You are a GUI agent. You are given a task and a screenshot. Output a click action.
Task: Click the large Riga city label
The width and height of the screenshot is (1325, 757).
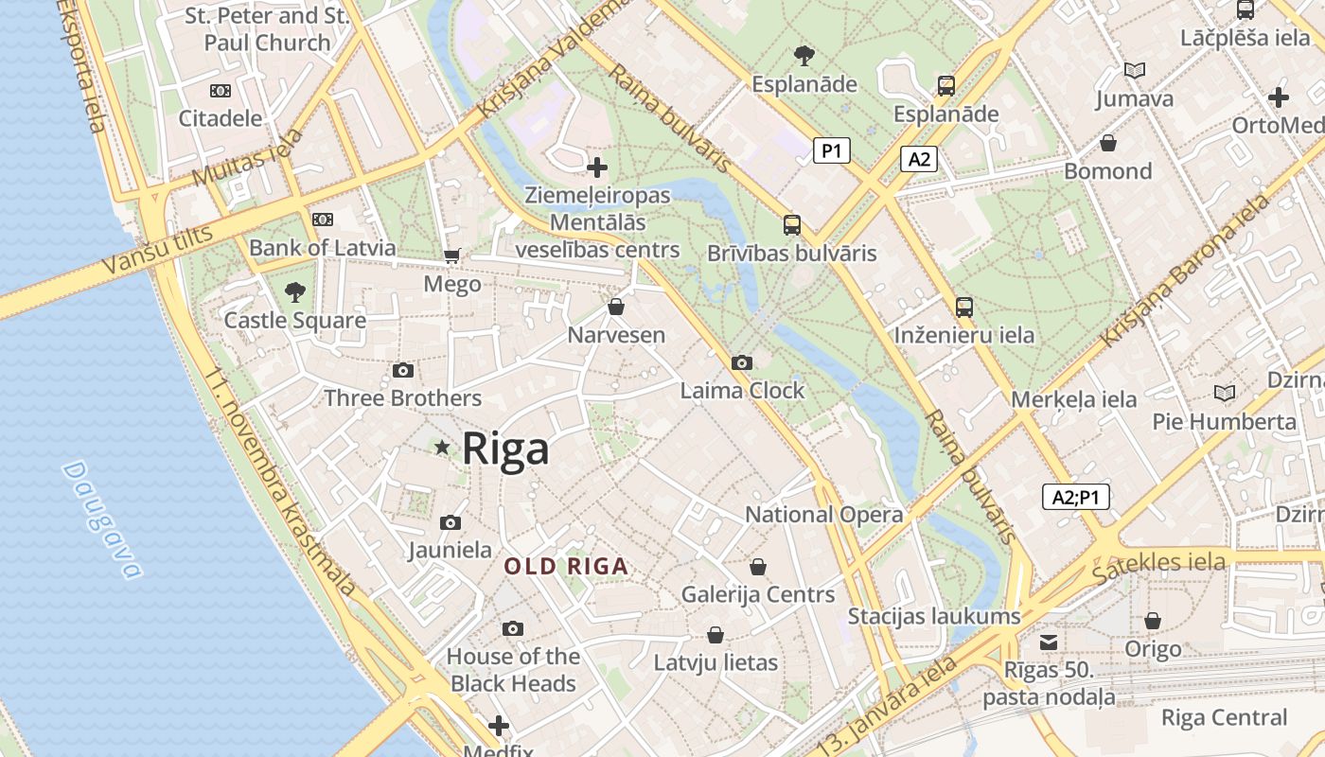tap(505, 449)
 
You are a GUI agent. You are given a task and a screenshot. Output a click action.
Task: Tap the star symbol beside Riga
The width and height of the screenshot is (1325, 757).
tap(441, 447)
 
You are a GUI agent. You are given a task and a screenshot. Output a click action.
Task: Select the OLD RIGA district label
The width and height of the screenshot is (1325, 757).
tap(566, 567)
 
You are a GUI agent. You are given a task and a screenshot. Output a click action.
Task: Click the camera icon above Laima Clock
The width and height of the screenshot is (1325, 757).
tap(742, 362)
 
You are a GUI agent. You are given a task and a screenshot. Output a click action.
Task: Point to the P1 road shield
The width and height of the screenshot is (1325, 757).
tap(831, 150)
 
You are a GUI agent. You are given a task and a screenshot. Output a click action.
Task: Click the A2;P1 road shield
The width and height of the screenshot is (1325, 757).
tap(1075, 497)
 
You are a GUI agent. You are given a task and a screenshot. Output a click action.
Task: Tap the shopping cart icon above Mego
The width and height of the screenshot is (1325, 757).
tap(452, 256)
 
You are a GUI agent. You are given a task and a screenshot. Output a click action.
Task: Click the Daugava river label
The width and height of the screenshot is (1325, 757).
tap(102, 519)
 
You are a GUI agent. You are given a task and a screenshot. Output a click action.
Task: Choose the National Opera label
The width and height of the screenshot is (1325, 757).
tap(824, 515)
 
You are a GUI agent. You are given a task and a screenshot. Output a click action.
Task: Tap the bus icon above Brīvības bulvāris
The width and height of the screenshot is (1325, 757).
tap(792, 225)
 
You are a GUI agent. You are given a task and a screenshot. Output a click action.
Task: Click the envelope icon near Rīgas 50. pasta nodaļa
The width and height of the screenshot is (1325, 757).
tap(1049, 643)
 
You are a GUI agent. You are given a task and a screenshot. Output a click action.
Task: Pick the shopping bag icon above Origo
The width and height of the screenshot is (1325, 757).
tap(1152, 621)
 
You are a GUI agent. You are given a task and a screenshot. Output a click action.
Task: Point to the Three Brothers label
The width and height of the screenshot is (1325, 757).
tap(402, 398)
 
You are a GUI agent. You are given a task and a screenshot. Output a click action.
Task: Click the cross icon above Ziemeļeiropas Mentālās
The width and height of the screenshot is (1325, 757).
tap(597, 167)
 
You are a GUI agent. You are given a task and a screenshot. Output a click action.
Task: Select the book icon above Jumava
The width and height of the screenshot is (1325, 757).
tap(1134, 70)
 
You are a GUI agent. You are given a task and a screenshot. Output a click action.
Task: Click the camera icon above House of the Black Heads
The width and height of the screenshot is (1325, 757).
tap(512, 628)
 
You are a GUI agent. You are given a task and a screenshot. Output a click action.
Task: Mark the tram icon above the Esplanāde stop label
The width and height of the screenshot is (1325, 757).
tap(945, 86)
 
